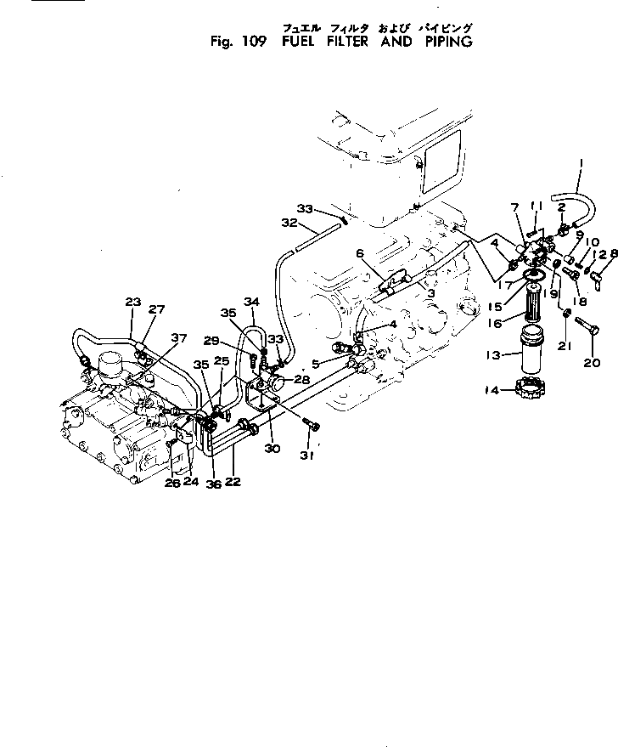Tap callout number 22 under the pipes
233,482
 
